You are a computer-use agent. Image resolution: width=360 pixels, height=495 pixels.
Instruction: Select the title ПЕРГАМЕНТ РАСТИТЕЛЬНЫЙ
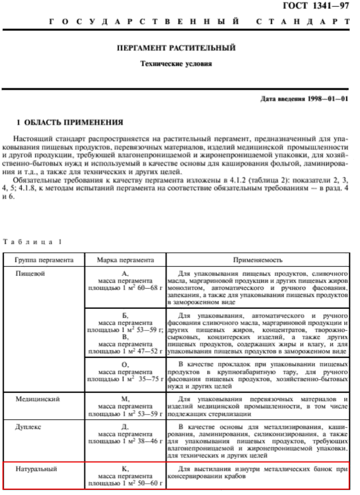tap(176, 48)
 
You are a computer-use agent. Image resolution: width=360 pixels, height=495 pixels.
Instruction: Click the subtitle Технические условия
tap(176, 64)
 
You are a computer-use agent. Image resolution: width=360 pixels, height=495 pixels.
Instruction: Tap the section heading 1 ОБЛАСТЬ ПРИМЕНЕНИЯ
tap(70, 122)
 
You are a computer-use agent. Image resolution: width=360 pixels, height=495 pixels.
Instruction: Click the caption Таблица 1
tap(33, 242)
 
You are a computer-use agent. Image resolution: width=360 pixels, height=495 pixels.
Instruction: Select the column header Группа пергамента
tap(44, 260)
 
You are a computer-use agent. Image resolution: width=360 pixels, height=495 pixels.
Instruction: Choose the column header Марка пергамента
tap(125, 260)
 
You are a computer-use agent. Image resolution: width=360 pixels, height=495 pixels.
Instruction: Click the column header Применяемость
tap(258, 260)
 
